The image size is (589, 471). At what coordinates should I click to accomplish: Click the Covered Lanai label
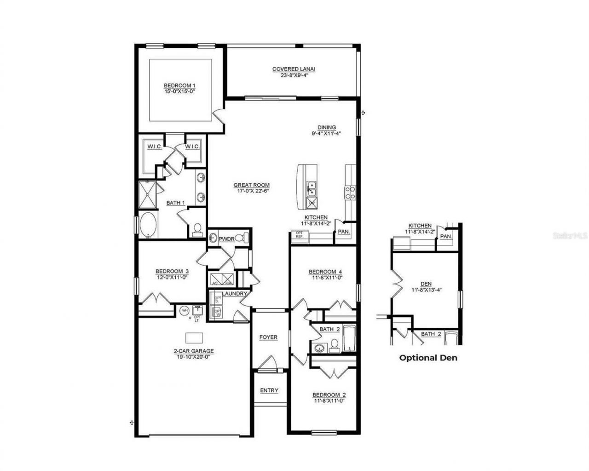[294, 69]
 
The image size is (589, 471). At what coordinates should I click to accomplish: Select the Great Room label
[251, 185]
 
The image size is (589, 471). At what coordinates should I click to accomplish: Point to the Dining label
[327, 128]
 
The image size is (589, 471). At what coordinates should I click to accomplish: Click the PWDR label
[226, 239]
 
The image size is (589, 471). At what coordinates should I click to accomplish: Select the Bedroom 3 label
[172, 271]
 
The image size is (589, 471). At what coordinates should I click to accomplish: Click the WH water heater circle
[184, 311]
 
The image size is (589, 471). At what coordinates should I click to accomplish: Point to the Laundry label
[235, 294]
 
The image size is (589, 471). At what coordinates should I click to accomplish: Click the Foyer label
[268, 337]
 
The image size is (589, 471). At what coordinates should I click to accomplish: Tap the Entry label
[269, 390]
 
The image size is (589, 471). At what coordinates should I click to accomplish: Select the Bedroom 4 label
[325, 272]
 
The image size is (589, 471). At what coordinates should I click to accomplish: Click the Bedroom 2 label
[329, 395]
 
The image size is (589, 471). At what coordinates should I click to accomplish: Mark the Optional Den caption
[428, 357]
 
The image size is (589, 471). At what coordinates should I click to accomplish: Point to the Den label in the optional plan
[426, 284]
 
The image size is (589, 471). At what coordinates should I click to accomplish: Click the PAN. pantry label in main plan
[343, 232]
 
